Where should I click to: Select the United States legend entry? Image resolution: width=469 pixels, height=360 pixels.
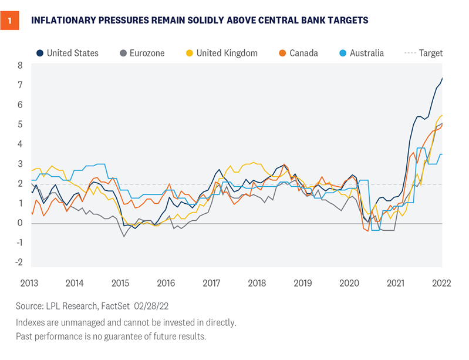66,53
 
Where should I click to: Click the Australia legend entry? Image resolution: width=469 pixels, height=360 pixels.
362,53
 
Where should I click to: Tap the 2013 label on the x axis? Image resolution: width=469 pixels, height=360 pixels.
29,282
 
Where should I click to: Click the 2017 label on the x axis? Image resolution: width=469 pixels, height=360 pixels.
211,282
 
